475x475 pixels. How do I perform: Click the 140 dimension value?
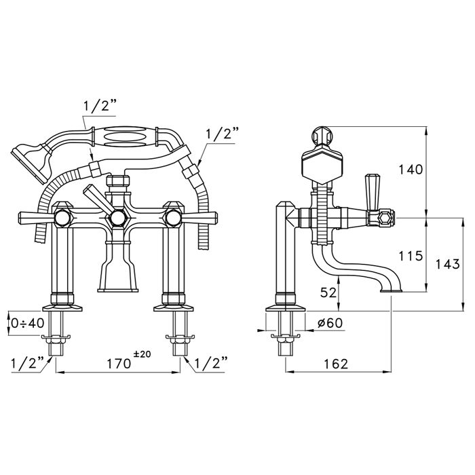pyautogui.click(x=410, y=170)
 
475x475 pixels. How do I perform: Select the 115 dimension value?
pyautogui.click(x=410, y=256)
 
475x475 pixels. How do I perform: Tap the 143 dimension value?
pyautogui.click(x=447, y=264)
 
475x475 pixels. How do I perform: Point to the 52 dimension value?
pyautogui.click(x=328, y=292)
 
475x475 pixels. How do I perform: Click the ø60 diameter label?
pyautogui.click(x=330, y=322)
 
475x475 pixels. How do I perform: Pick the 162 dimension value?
pyautogui.click(x=336, y=364)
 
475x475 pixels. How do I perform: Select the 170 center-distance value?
pyautogui.click(x=119, y=364)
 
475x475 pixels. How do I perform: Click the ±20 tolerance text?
pyautogui.click(x=142, y=354)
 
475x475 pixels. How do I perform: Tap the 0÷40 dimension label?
pyautogui.click(x=28, y=323)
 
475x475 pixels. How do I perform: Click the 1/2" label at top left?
pyautogui.click(x=100, y=106)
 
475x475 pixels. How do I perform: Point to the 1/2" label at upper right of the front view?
pyautogui.click(x=222, y=134)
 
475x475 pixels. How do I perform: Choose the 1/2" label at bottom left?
pyautogui.click(x=28, y=362)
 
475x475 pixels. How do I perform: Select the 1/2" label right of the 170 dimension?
pyautogui.click(x=210, y=362)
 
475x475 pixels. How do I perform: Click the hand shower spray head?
pyautogui.click(x=30, y=163)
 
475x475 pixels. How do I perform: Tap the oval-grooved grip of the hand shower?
pyautogui.click(x=125, y=138)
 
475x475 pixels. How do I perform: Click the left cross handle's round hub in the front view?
pyautogui.click(x=62, y=218)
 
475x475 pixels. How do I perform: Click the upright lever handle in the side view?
pyautogui.click(x=372, y=192)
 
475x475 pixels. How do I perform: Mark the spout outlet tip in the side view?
pyautogui.click(x=391, y=290)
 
